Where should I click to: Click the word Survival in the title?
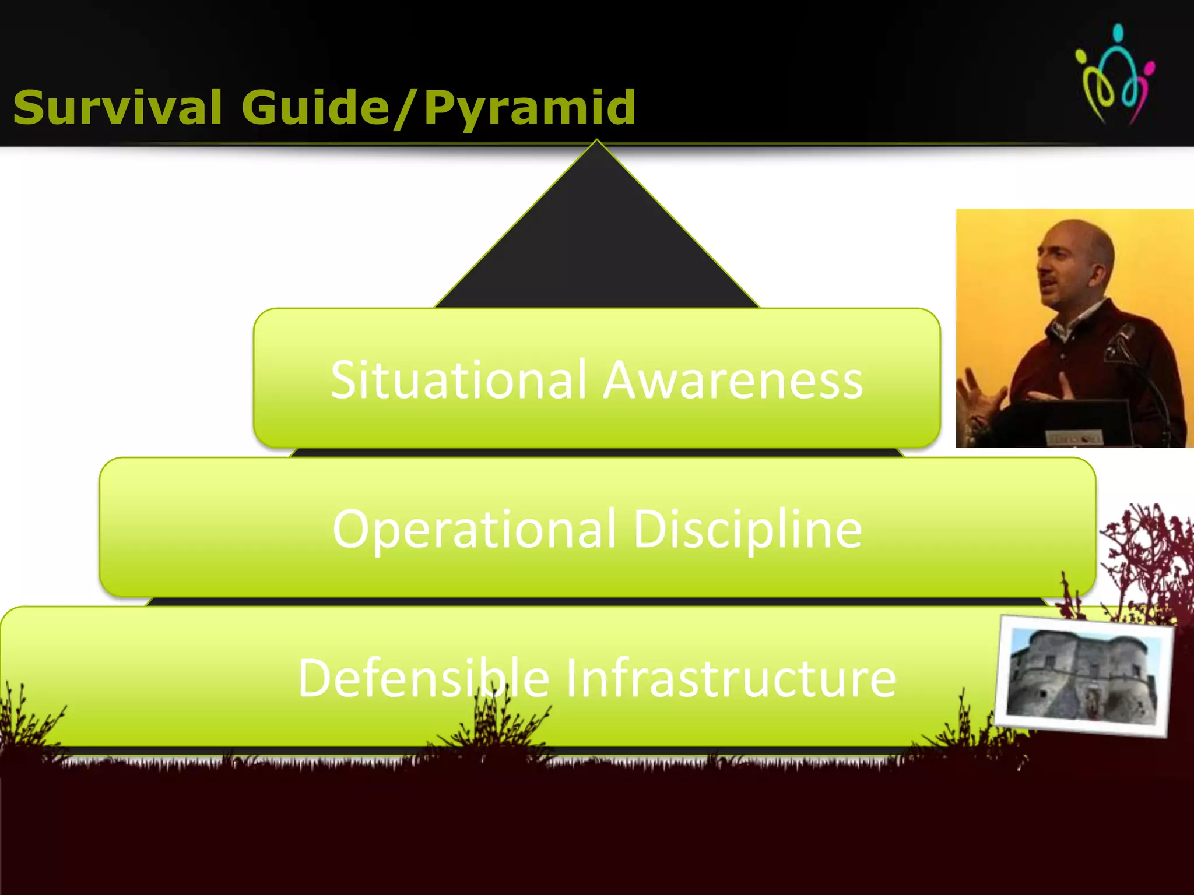[x=117, y=108]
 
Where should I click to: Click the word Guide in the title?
[x=315, y=108]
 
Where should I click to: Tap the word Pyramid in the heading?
[x=529, y=109]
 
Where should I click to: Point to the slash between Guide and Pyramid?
[x=405, y=109]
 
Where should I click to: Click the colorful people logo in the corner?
[x=1115, y=74]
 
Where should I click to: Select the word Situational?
[x=458, y=380]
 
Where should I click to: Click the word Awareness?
[x=733, y=380]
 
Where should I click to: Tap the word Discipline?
[x=747, y=529]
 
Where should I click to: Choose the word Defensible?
[x=424, y=678]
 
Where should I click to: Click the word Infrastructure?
[x=731, y=678]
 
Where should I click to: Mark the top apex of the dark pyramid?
[x=596, y=142]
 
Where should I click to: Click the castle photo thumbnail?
[x=1083, y=675]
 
